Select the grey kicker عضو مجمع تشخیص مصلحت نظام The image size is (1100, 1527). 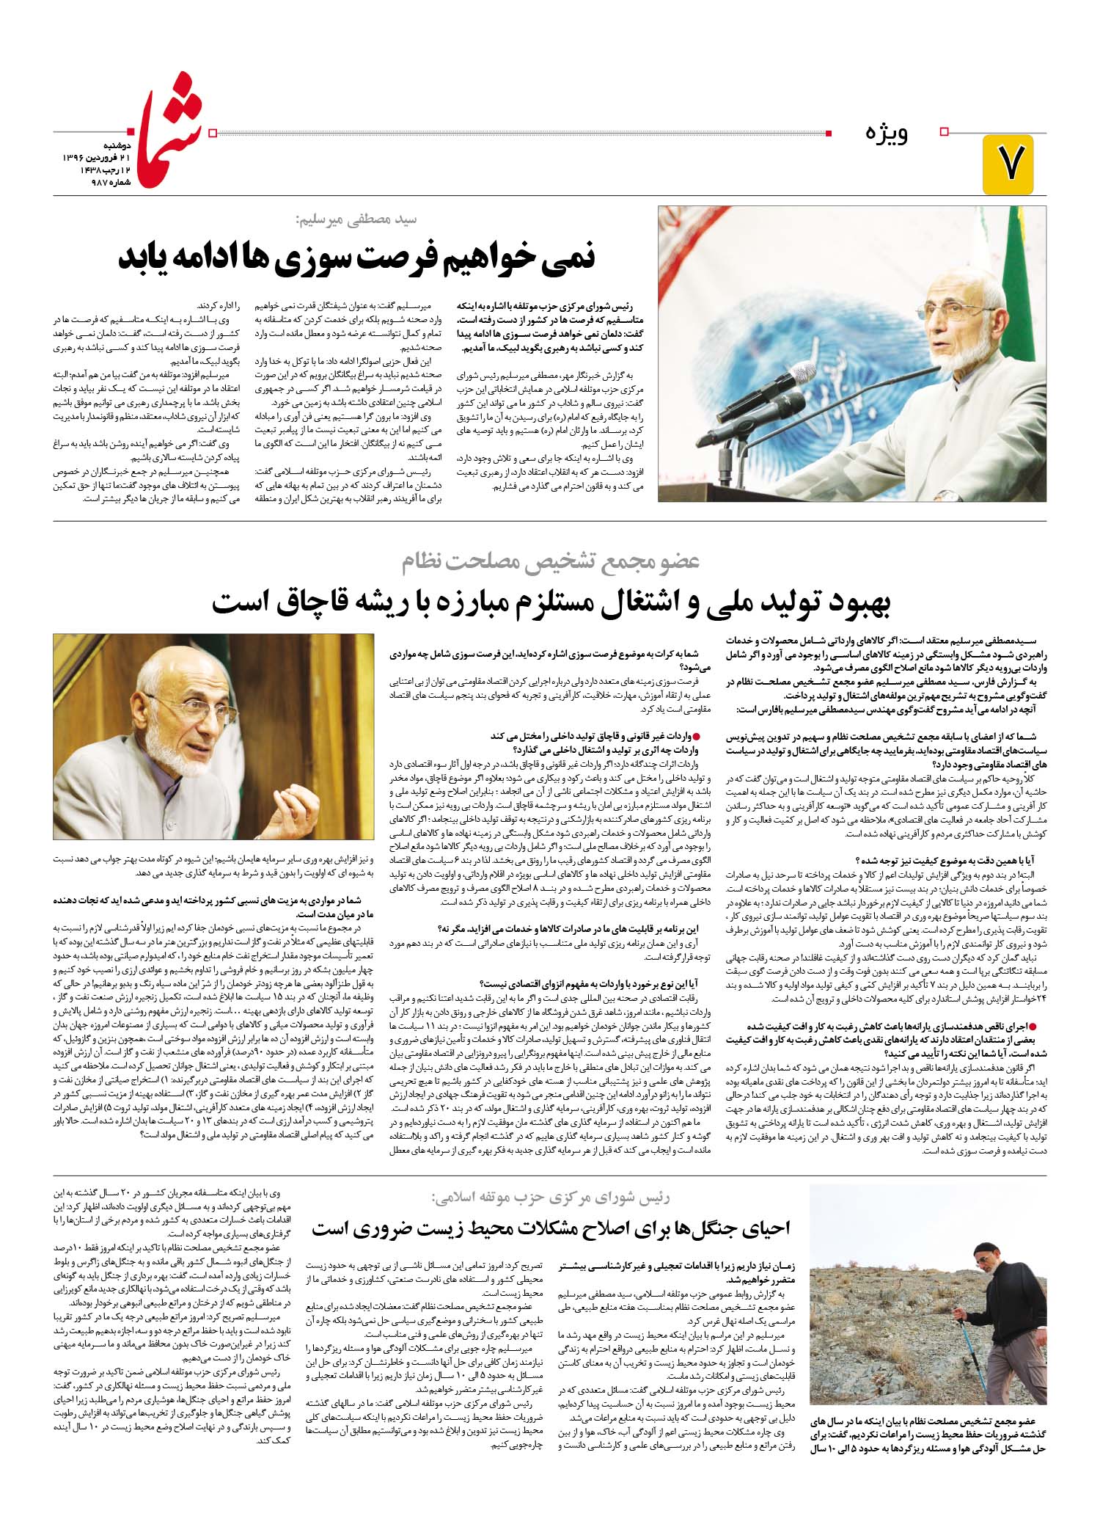551,562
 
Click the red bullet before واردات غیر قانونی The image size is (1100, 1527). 697,735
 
